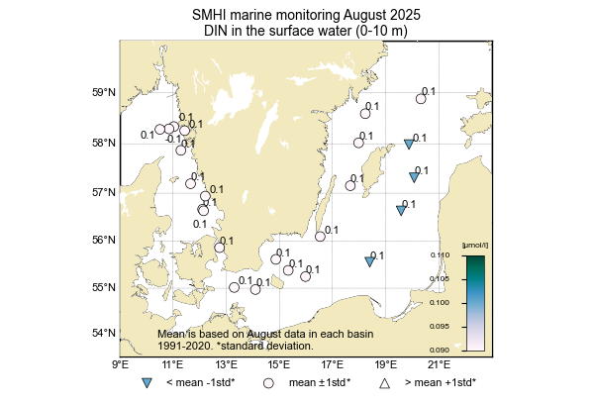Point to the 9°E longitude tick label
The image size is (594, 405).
coord(121,364)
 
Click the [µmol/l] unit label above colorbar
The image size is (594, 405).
coord(476,245)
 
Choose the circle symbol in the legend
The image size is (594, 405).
coord(267,382)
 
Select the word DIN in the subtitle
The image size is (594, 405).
coord(217,32)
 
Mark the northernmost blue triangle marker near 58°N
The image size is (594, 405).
coord(409,145)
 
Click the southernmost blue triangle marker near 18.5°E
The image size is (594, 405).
coord(369,261)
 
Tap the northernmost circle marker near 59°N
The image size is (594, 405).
coord(421,99)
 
